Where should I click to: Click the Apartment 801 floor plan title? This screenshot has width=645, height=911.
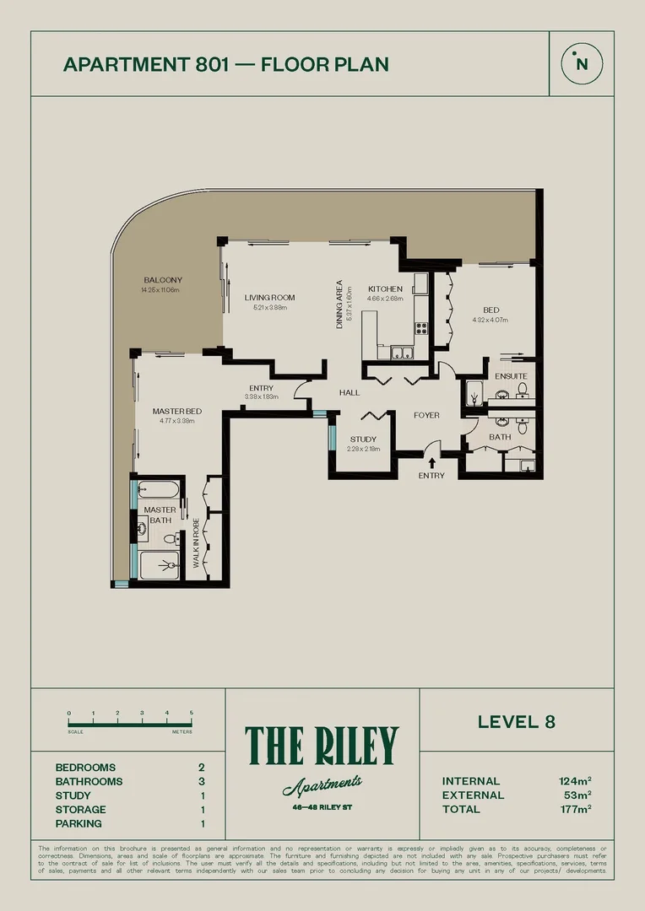click(x=226, y=64)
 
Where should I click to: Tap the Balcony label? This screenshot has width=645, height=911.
click(x=162, y=280)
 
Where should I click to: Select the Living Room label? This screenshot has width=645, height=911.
click(x=269, y=298)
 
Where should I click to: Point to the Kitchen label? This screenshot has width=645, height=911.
click(x=385, y=289)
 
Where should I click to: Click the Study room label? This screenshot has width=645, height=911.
click(x=363, y=439)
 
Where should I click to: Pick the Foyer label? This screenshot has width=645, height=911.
click(x=426, y=415)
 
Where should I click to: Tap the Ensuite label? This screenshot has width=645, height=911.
click(x=511, y=376)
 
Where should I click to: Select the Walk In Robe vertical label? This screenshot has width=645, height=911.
click(x=196, y=542)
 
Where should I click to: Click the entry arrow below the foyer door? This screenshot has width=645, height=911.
click(x=432, y=462)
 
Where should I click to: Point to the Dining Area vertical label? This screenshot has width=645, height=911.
click(x=339, y=304)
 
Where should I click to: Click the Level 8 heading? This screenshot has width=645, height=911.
click(x=516, y=721)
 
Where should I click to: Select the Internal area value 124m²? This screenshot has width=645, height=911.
click(x=575, y=781)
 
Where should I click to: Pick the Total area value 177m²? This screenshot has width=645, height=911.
click(x=575, y=809)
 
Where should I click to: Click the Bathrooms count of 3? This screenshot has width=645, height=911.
click(x=201, y=781)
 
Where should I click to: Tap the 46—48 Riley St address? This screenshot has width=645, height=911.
click(x=321, y=806)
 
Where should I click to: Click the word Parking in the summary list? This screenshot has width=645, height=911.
click(x=79, y=823)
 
